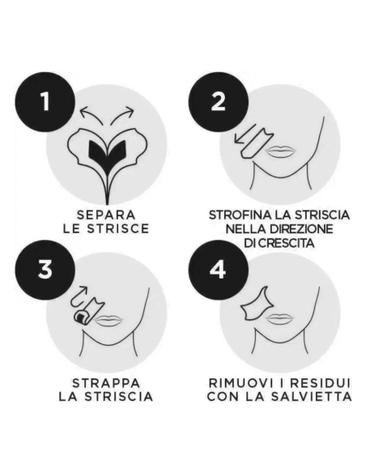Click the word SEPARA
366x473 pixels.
click(x=108, y=215)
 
